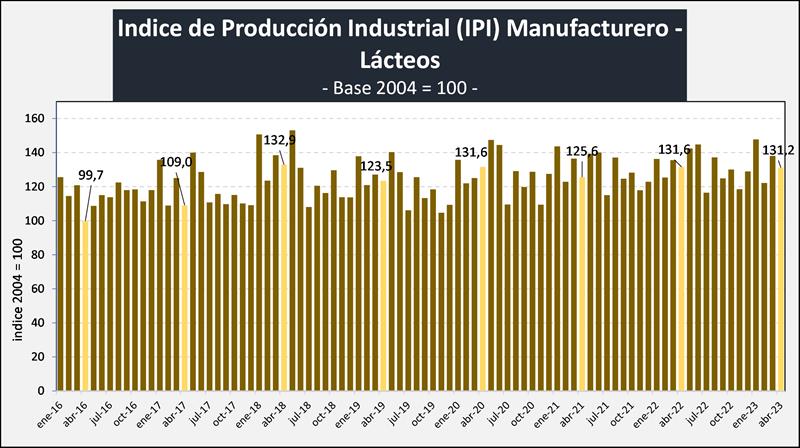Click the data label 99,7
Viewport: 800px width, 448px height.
click(x=91, y=176)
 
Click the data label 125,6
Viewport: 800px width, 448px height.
click(x=582, y=151)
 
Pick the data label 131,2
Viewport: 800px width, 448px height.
click(x=778, y=150)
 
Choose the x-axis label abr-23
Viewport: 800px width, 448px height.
click(x=772, y=413)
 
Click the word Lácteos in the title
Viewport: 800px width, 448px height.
click(x=399, y=61)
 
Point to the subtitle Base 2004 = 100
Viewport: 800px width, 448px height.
click(x=399, y=88)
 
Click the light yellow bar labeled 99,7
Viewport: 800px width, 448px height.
click(x=85, y=305)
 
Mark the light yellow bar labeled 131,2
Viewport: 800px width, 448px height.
click(x=780, y=279)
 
